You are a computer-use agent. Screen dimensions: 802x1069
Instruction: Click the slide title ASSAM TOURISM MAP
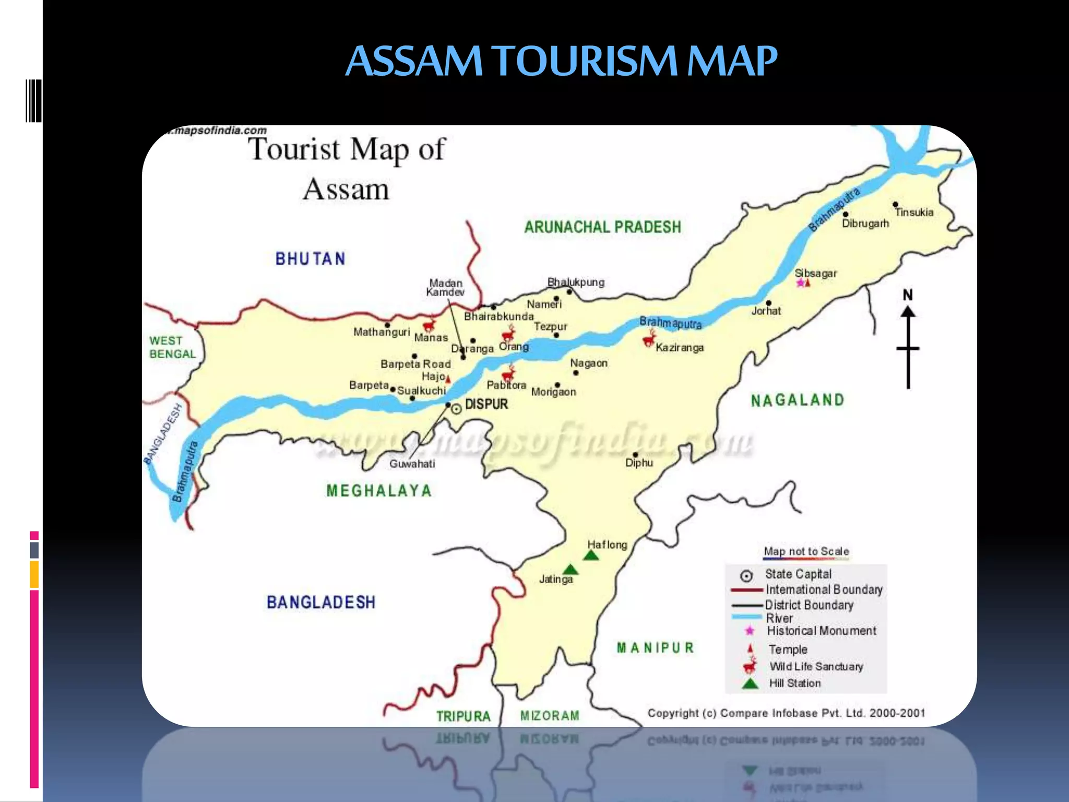pos(561,61)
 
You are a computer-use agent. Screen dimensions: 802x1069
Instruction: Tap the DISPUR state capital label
pos(486,404)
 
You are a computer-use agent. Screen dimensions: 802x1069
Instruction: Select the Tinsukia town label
pos(914,212)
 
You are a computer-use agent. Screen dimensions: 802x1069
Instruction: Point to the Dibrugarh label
pos(865,223)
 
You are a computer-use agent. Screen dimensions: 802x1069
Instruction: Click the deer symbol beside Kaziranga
pos(649,339)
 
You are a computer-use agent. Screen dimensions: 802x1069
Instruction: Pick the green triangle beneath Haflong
pos(591,556)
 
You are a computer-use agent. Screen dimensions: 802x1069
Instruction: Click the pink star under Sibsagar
pos(800,282)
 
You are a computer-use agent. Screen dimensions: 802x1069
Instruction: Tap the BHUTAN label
pos(311,259)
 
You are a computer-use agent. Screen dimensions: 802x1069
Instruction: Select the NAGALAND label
pos(797,400)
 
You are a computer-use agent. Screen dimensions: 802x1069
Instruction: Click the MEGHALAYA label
pos(379,491)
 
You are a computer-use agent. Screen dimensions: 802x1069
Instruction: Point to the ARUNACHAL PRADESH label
pos(602,227)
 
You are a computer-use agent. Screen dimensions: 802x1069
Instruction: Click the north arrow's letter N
pos(908,295)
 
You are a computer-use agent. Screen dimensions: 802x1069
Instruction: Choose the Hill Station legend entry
pos(794,683)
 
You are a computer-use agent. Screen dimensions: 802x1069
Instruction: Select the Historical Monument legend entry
pos(821,631)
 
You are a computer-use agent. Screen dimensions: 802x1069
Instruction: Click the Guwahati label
pos(412,464)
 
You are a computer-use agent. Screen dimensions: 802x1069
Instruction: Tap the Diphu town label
pos(639,463)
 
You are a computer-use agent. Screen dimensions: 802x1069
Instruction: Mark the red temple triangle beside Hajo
pos(448,380)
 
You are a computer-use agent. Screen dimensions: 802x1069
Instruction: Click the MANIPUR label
pos(655,648)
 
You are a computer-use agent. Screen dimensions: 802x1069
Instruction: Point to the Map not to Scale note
pos(806,551)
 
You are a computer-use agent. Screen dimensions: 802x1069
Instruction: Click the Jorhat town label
pos(766,311)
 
